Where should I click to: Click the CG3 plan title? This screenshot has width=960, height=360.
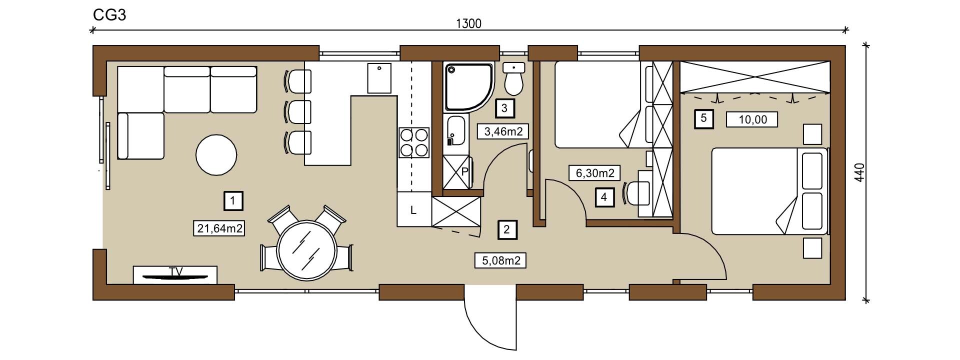tap(109, 15)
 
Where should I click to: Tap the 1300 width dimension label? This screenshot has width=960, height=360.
tap(468, 23)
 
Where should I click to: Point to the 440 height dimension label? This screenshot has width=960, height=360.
tap(859, 172)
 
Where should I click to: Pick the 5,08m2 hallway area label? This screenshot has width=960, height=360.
tap(500, 260)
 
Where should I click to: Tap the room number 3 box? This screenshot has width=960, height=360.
tap(504, 107)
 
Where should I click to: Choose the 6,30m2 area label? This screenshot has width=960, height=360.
tap(594, 173)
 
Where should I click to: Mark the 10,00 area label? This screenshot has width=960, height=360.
tap(752, 119)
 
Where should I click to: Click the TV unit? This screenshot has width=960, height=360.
tap(175, 275)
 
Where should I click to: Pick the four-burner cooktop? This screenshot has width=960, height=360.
tap(414, 142)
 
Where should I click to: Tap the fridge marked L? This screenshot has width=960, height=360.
tap(414, 209)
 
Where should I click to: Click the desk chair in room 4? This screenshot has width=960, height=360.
tap(636, 194)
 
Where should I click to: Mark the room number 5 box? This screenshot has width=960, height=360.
tap(704, 119)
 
